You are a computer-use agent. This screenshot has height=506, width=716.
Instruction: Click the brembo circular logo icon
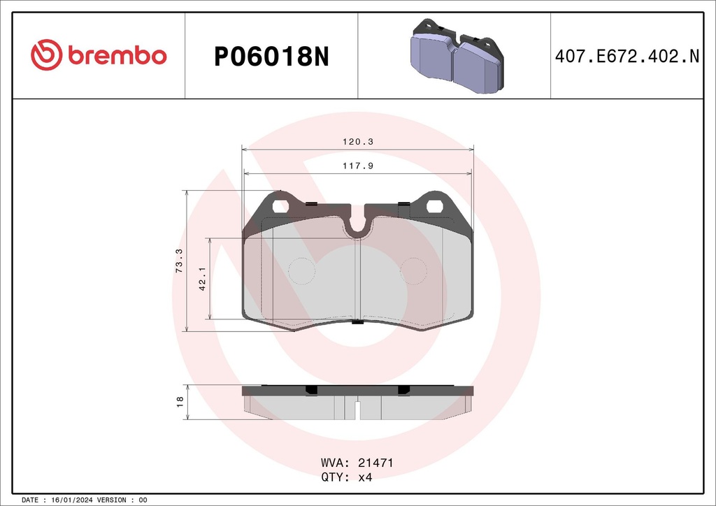point(47,56)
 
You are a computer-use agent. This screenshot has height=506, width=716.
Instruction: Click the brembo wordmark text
point(117,57)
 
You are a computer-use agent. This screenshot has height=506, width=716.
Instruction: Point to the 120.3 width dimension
point(357,142)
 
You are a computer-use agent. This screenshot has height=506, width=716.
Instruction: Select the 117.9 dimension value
point(357,166)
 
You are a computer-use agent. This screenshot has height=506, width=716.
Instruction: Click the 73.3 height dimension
point(179,261)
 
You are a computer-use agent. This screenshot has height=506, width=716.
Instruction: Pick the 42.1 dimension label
point(203,278)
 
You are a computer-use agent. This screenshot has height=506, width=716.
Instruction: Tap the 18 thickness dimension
point(180,402)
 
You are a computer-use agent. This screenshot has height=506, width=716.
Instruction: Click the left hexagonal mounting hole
point(280,207)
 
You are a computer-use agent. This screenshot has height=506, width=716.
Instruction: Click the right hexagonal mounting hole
point(434,207)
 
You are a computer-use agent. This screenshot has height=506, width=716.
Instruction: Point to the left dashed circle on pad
point(302,270)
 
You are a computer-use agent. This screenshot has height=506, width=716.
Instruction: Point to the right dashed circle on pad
point(413,270)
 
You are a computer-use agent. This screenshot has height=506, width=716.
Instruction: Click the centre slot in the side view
point(357,411)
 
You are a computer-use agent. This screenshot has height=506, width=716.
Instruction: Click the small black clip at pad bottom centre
point(357,322)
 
